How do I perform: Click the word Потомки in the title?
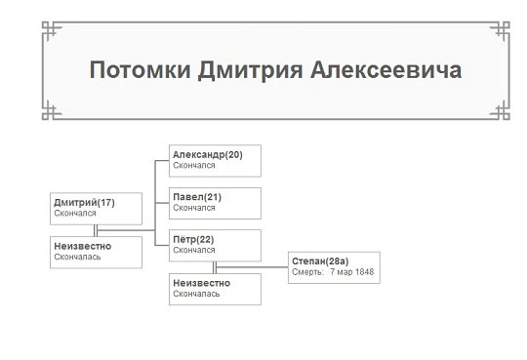pos(140,70)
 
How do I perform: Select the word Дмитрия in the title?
pos(250,70)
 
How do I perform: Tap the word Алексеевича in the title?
pos(385,70)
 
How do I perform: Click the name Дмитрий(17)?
pos(84,203)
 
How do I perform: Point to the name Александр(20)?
pos(208,154)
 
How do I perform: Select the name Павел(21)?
pos(197,197)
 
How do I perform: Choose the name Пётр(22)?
pos(193,239)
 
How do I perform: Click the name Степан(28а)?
pos(320,261)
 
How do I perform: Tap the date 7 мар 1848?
pos(352,272)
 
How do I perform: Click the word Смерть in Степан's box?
pos(307,272)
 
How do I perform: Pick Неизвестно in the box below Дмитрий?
pos(83,246)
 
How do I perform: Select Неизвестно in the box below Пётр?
pos(202,283)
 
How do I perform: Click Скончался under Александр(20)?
pos(194,166)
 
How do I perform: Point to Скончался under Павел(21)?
pos(194,208)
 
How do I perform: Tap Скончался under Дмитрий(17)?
pos(75,213)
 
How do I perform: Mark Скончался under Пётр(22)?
pos(194,250)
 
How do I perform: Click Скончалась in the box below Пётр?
pos(196,294)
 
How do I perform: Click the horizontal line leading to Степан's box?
pos(252,267)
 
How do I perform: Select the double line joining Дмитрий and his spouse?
pos(96,230)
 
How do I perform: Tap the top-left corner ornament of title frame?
pos(51,30)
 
